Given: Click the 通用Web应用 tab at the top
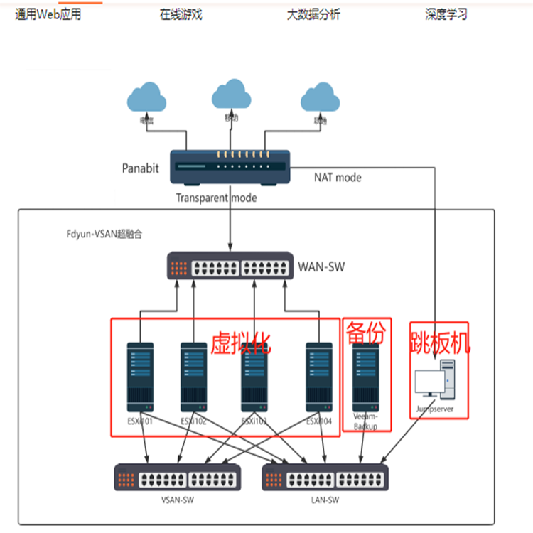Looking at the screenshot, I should click(48, 14).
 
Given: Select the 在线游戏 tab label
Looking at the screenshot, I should click(181, 14).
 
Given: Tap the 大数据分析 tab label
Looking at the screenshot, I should click(313, 14).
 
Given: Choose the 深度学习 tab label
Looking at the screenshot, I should click(446, 14).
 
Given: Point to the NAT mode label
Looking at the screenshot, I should click(338, 177).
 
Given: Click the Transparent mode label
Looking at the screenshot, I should click(217, 198).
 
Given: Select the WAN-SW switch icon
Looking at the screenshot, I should click(230, 266).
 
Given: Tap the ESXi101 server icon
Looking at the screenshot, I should click(140, 377).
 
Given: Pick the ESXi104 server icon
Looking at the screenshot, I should click(320, 377).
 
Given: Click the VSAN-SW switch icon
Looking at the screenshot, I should click(178, 477).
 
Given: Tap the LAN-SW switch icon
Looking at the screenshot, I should click(325, 477).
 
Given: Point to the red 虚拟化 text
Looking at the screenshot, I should click(240, 344).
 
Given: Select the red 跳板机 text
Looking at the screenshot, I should click(439, 344).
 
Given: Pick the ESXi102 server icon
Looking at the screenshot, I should click(193, 377).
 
